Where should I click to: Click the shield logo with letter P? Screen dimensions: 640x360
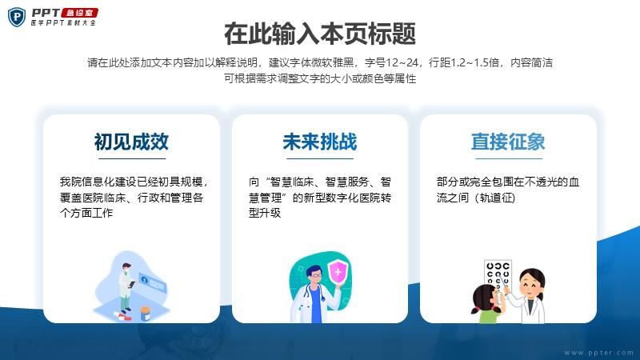point(17,17)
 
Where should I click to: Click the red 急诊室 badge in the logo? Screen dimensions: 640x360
point(80,13)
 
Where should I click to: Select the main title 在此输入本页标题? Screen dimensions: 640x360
point(320,34)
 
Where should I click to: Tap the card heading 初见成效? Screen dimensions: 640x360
point(131,142)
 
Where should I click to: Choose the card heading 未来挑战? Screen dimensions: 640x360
point(320,142)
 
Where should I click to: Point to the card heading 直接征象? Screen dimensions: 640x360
point(508,142)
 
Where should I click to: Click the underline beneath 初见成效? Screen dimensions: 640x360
point(132,158)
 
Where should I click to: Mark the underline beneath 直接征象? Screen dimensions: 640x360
point(509,158)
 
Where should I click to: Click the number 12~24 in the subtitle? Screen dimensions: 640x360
point(402,62)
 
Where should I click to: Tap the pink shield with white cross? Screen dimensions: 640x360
point(338,272)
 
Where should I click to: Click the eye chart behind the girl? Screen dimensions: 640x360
point(498,275)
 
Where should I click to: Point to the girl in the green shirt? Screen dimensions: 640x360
point(488,304)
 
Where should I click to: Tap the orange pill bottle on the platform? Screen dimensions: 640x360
point(146,314)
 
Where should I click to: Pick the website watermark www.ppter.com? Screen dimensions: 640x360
point(598,353)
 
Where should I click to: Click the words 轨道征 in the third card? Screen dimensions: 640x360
point(496,198)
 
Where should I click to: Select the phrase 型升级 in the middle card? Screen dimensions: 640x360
point(265,213)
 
